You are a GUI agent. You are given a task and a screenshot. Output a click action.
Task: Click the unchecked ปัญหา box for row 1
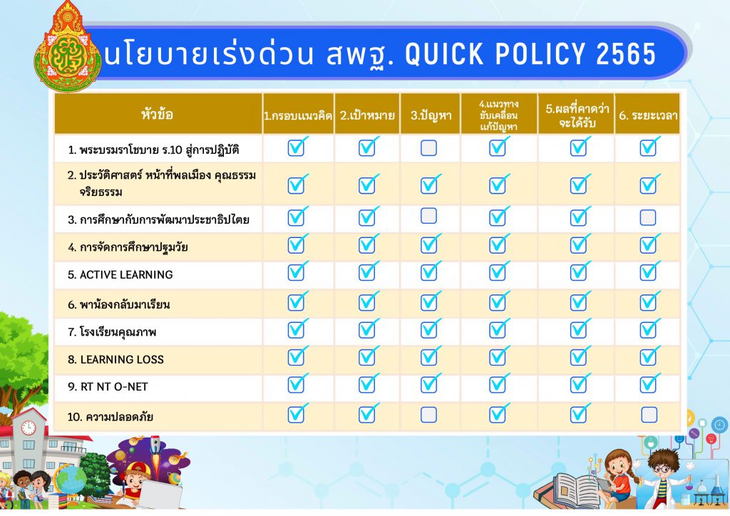[x=428, y=148]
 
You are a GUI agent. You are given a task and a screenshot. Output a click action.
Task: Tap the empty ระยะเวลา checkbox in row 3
[x=647, y=217]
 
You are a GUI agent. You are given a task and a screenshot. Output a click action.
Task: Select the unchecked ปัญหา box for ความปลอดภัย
[x=428, y=415]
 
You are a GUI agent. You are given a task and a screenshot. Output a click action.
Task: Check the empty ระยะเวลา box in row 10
[x=649, y=415]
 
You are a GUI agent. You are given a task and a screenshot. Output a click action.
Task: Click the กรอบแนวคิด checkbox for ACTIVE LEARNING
[x=297, y=272]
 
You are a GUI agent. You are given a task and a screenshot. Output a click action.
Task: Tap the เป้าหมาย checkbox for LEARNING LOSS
[x=368, y=356]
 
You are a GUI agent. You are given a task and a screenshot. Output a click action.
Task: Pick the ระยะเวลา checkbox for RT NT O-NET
[x=649, y=384]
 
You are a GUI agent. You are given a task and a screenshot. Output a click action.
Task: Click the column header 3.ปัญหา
[x=431, y=115]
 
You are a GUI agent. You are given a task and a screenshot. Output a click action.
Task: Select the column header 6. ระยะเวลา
[x=647, y=115]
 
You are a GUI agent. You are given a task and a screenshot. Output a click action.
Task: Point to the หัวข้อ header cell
[x=158, y=114]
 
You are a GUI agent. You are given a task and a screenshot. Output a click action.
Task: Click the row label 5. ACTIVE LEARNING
[x=120, y=274]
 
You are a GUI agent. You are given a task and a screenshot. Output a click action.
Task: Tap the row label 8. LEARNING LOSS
[x=115, y=359]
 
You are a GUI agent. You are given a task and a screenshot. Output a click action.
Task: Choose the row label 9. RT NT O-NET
[x=108, y=387]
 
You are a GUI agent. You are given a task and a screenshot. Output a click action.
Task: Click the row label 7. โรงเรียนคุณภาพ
[x=112, y=331]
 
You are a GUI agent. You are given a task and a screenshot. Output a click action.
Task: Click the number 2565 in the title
[x=626, y=53]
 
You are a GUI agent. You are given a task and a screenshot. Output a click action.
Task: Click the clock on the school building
[x=28, y=428]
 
